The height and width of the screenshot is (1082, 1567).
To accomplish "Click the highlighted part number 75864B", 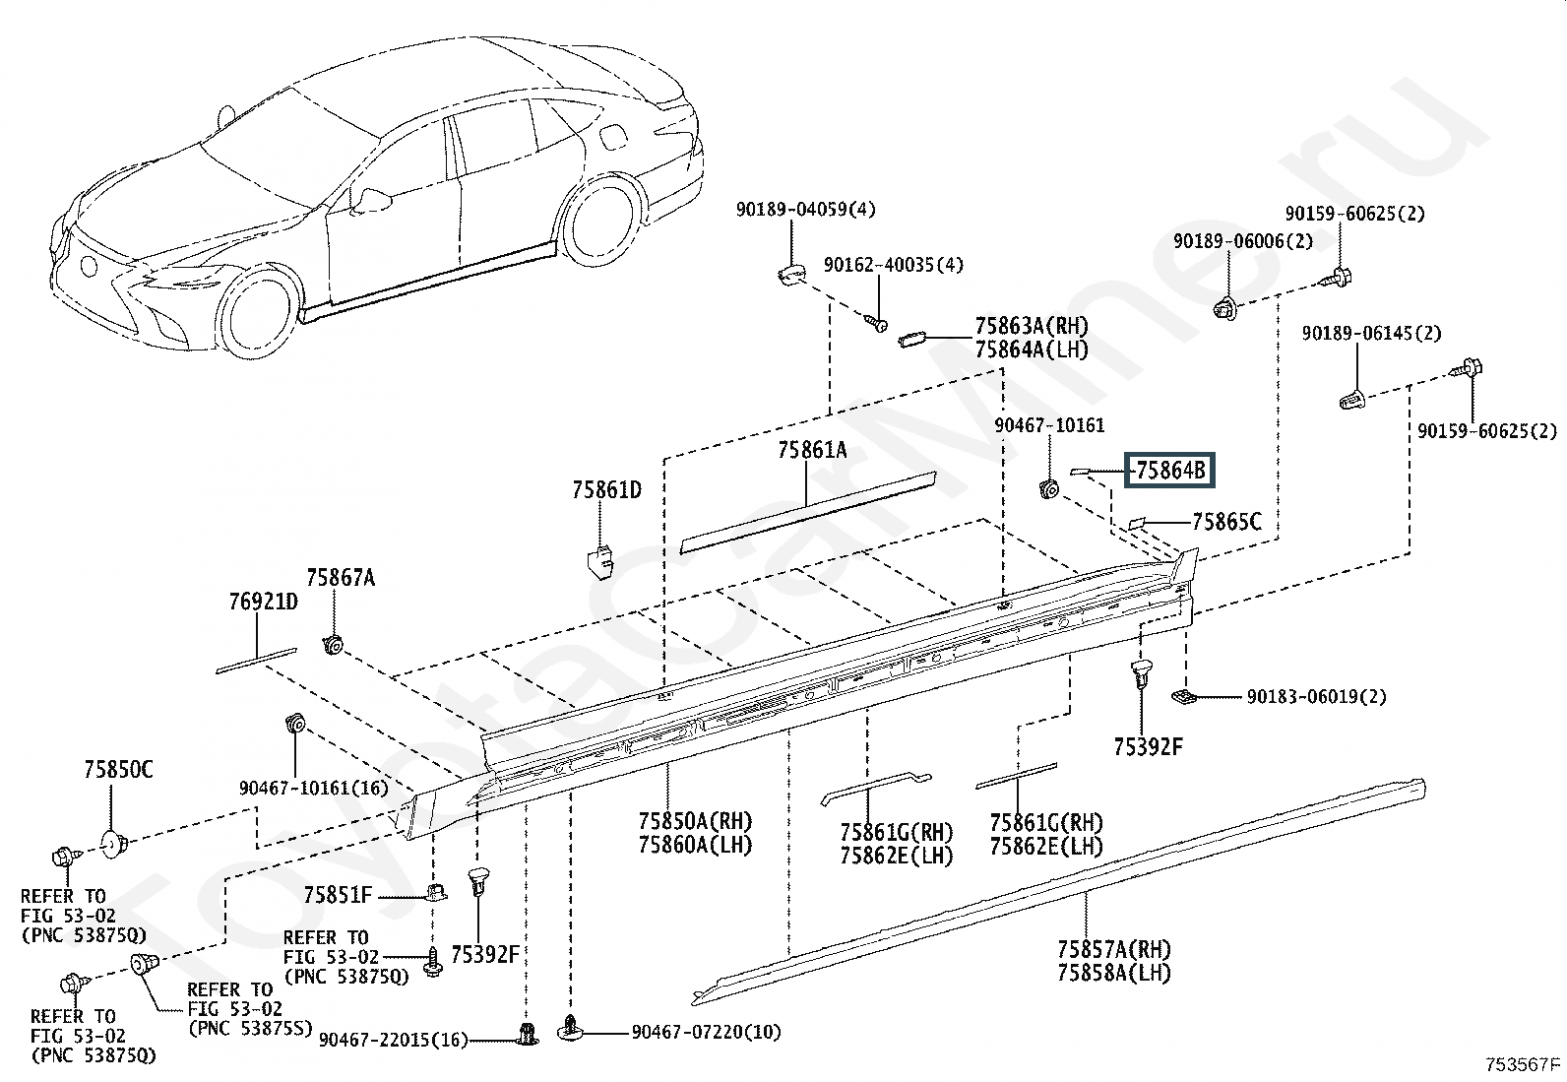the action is click(1170, 471).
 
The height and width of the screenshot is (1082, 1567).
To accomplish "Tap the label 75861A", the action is click(812, 450).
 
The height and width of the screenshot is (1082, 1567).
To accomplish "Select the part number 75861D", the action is click(606, 490).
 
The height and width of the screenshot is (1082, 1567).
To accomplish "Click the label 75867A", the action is click(341, 577).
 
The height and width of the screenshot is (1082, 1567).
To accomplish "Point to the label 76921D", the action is click(264, 602).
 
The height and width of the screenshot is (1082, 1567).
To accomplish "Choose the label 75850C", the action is click(118, 769).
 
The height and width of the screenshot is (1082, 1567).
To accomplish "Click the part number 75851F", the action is click(338, 894).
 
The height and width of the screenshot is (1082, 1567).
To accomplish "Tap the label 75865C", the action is click(1227, 522).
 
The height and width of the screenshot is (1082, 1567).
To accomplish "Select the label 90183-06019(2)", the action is click(1317, 696).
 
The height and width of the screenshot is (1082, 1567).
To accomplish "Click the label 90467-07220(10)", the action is click(706, 1032).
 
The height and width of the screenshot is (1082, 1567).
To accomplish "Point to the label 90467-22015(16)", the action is click(393, 1040).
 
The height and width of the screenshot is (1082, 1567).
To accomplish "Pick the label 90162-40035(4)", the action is click(894, 265).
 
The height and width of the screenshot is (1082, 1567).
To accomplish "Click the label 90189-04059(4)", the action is click(805, 210).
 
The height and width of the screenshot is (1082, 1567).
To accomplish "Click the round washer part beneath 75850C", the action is click(114, 844).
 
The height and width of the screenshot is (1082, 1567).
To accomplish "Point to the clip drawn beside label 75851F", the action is click(436, 892).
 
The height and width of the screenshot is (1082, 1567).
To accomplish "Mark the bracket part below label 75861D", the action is click(600, 562).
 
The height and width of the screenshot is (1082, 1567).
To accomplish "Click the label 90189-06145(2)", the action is click(1371, 333).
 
